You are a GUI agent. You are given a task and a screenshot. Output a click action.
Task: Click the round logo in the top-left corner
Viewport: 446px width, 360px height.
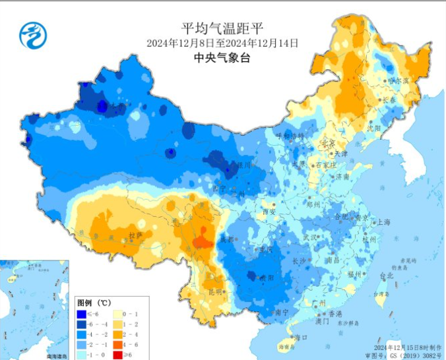pyautogui.click(x=33, y=35)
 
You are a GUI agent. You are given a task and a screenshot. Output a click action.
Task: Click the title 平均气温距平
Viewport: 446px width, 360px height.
pyautogui.click(x=222, y=28)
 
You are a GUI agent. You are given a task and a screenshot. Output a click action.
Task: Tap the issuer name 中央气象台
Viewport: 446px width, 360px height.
pyautogui.click(x=222, y=57)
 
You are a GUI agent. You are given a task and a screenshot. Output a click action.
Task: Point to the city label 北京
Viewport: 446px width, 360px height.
pyautogui.click(x=328, y=143)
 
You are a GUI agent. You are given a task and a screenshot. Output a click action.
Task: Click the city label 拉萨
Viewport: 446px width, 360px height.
pyautogui.click(x=135, y=235)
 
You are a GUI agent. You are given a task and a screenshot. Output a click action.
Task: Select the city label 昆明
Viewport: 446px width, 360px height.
pyautogui.click(x=215, y=291)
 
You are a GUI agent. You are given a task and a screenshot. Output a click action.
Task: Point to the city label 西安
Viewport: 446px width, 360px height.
pyautogui.click(x=269, y=212)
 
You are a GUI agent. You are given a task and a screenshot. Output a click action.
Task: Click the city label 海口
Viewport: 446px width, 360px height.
pyautogui.click(x=301, y=338)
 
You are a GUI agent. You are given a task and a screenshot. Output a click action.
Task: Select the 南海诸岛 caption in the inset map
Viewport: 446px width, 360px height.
pyautogui.click(x=57, y=356)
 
